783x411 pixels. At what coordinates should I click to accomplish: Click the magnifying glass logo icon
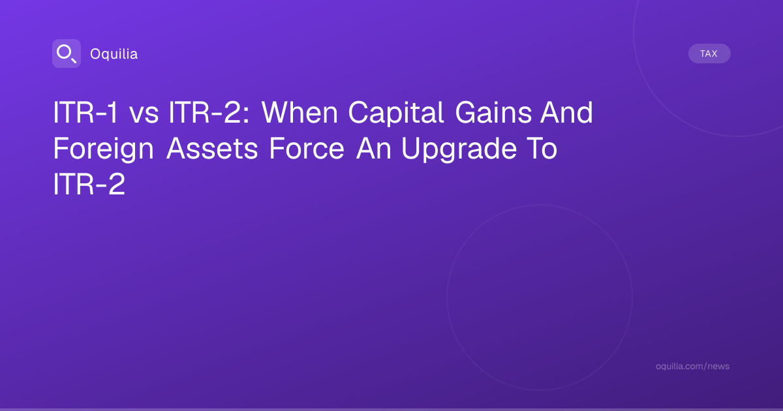click(x=67, y=53)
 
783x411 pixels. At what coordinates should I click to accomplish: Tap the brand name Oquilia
click(x=114, y=53)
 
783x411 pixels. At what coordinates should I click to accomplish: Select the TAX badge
click(x=709, y=53)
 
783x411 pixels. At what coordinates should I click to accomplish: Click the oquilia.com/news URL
click(x=692, y=366)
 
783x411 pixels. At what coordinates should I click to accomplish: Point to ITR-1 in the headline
click(x=85, y=112)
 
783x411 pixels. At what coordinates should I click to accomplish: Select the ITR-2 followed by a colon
click(x=209, y=112)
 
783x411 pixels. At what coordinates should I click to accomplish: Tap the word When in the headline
click(x=299, y=112)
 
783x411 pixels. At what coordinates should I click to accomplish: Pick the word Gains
click(x=493, y=112)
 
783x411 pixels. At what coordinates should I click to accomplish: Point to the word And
click(x=566, y=112)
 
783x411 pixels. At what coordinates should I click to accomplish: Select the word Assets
click(x=212, y=148)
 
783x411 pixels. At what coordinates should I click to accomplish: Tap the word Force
click(x=307, y=148)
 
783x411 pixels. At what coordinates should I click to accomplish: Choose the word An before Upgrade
click(x=374, y=148)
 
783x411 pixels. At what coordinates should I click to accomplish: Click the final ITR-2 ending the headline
click(x=89, y=184)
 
